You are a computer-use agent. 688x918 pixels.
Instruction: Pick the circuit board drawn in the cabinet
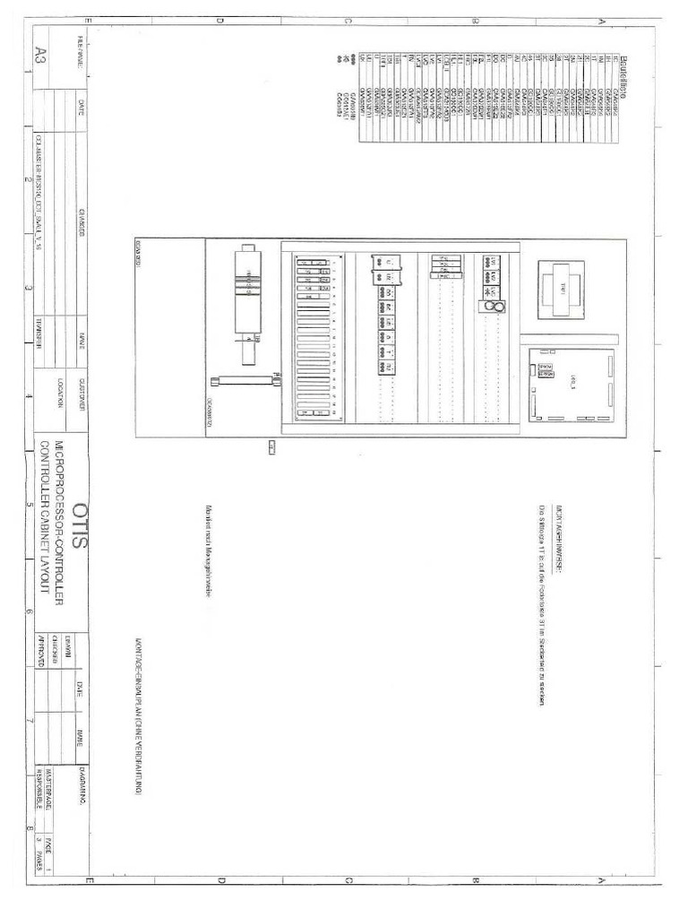pyautogui.click(x=571, y=385)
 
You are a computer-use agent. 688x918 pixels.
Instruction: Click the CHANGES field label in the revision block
pyautogui.click(x=82, y=221)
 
